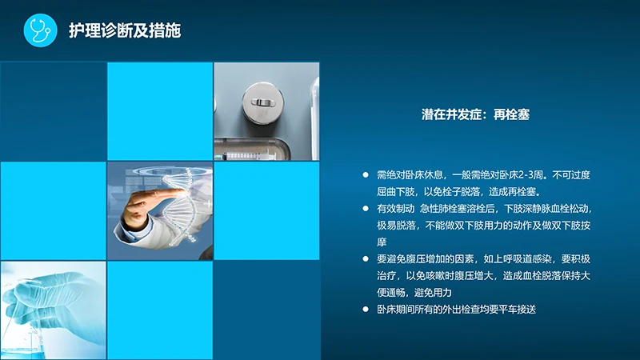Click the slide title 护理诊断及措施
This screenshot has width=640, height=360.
coord(124,31)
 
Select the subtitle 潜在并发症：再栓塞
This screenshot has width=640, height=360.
coord(476,115)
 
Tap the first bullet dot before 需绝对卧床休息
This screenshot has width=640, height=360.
coord(366,174)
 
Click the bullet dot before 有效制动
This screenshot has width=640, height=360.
coord(366,208)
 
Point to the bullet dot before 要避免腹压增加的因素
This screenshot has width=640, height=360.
coord(366,258)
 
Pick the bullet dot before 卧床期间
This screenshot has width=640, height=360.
coord(366,309)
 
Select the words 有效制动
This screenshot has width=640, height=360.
coord(394,208)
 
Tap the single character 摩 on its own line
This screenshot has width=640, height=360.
coord(382,242)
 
